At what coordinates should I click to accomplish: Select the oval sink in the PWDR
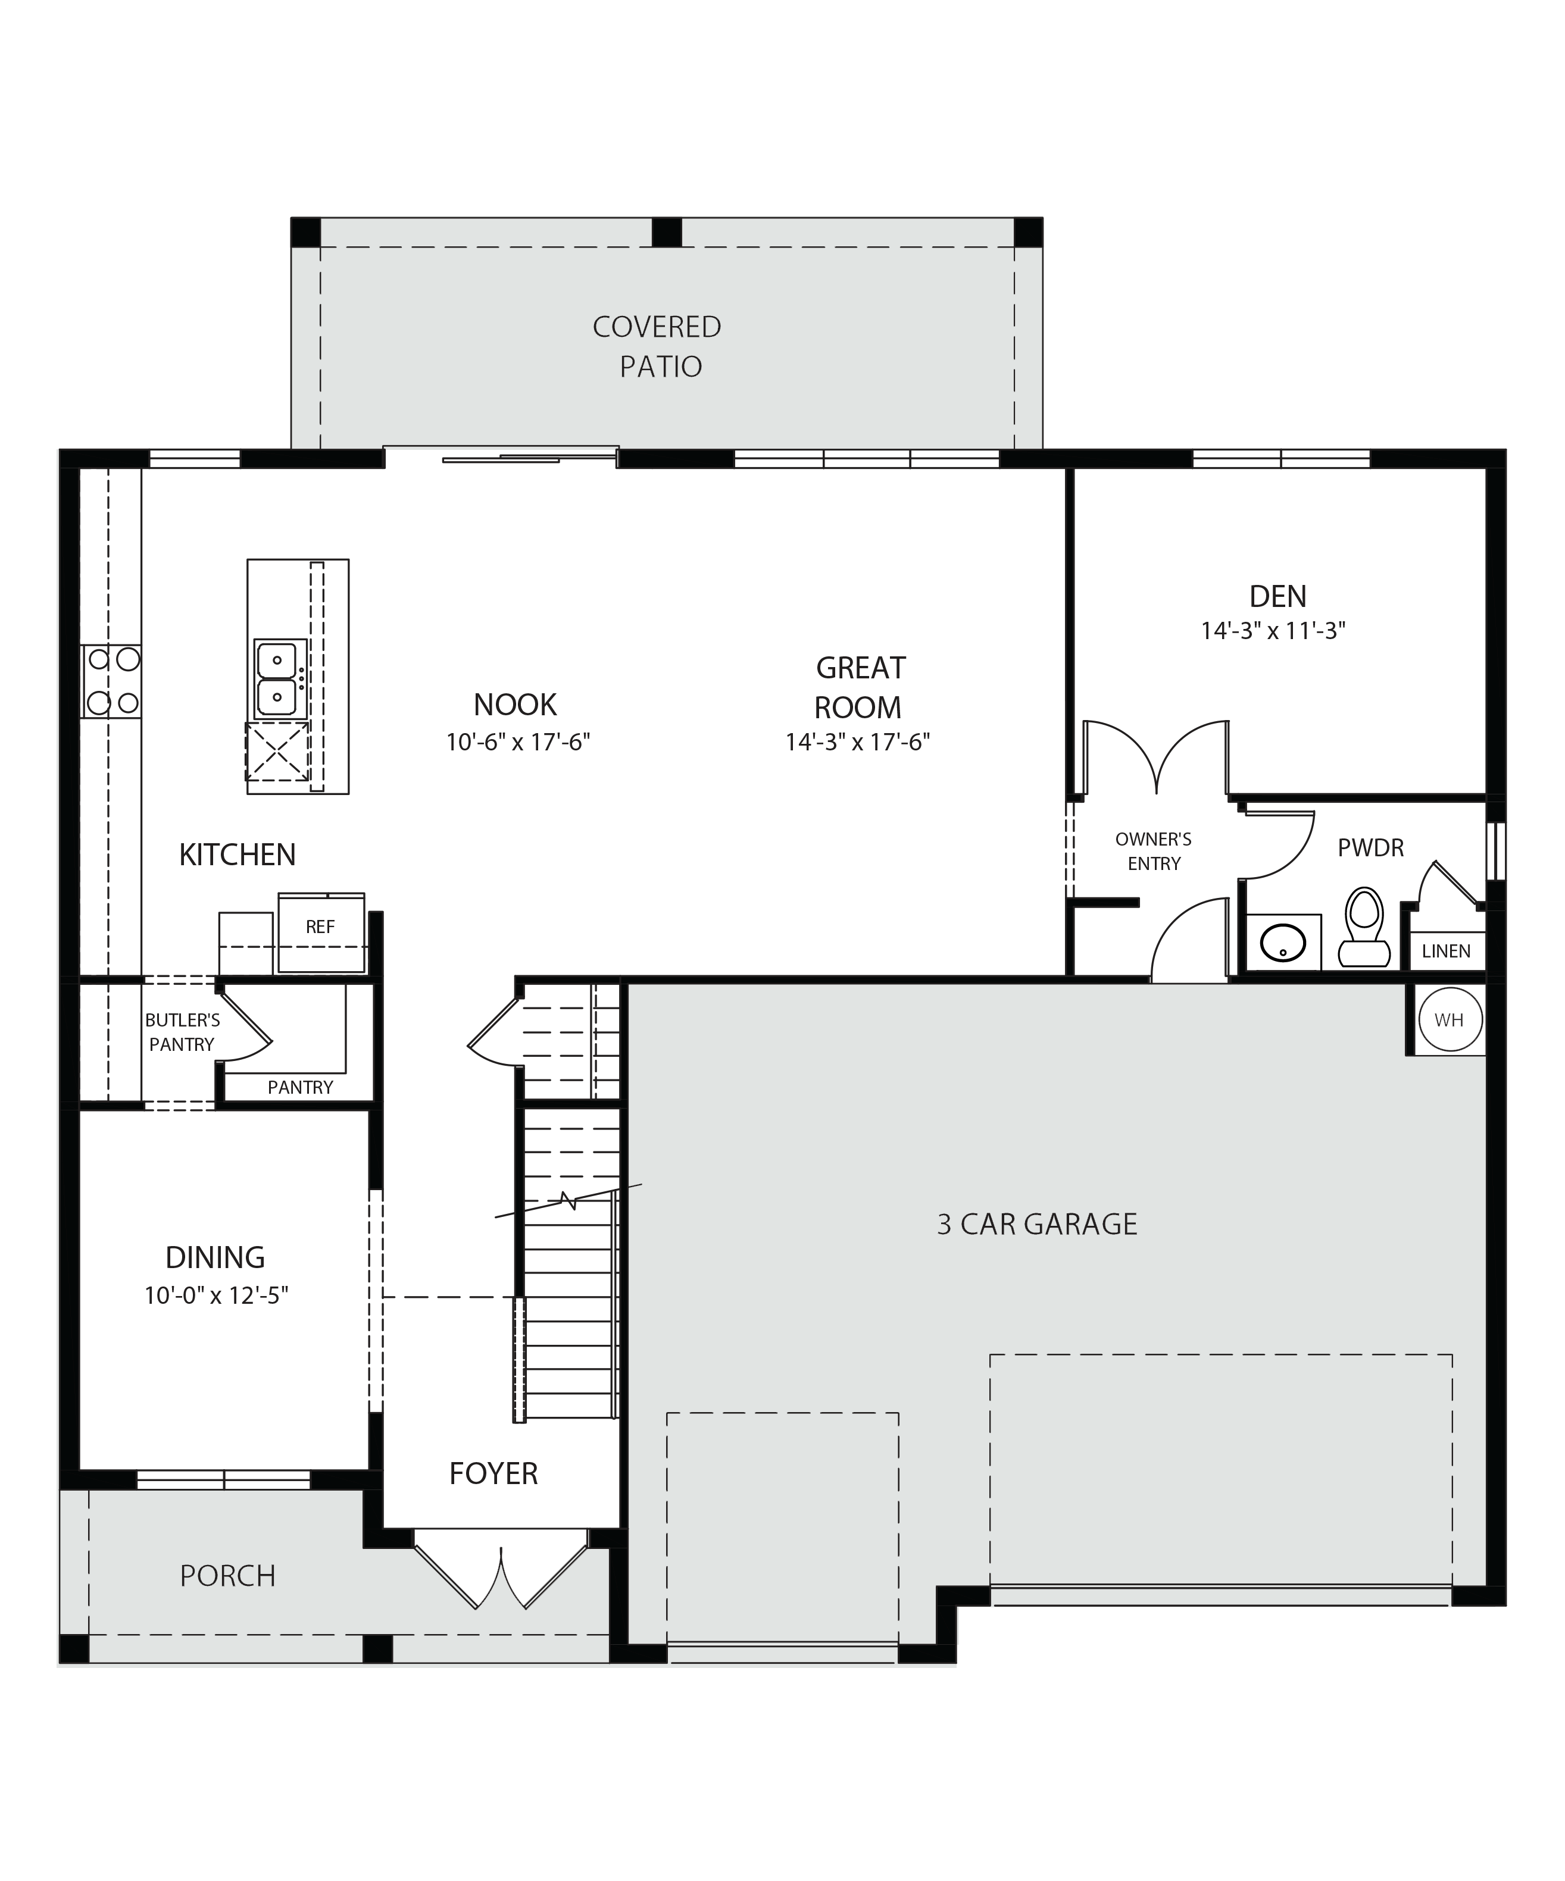[1283, 943]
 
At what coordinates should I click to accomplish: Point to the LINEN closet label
[1446, 952]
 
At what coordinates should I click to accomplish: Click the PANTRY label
[300, 1087]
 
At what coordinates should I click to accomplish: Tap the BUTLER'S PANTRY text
[182, 1032]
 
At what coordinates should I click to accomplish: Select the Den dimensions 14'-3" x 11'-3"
[1273, 631]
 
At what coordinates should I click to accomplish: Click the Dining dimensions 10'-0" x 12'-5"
[216, 1296]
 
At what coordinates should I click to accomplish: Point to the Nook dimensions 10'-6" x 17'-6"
[518, 743]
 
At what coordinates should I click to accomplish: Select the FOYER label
[493, 1473]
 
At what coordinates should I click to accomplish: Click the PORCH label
[227, 1576]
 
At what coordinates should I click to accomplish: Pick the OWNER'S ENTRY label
[1154, 852]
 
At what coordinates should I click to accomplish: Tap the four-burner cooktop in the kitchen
[112, 681]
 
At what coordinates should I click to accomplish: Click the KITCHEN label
[238, 856]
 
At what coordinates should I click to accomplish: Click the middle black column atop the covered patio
[667, 232]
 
